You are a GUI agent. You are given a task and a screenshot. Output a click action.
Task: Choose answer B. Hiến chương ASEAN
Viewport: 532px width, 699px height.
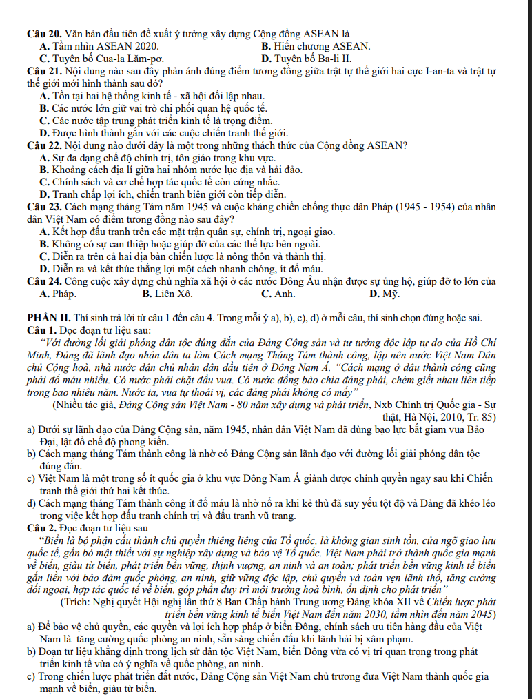[316, 46]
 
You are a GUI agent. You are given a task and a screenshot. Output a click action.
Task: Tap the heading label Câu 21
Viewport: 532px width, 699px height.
[44, 71]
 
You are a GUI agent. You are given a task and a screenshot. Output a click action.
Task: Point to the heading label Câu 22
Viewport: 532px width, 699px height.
[44, 145]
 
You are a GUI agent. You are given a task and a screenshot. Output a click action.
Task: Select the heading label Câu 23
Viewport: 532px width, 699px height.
[44, 207]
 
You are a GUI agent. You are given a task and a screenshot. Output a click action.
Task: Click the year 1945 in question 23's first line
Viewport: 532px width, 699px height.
[181, 207]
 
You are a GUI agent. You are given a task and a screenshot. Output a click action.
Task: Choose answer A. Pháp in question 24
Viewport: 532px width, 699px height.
[58, 294]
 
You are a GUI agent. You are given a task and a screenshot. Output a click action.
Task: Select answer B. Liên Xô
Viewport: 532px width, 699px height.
[167, 294]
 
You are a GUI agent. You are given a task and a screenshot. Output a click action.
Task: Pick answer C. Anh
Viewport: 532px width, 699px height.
[278, 294]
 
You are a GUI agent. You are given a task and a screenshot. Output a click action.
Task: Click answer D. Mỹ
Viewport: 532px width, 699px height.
[384, 294]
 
